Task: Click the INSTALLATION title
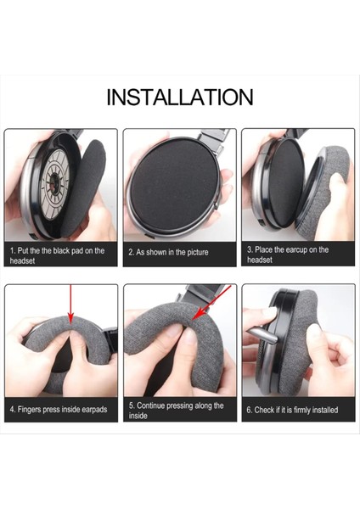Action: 180,97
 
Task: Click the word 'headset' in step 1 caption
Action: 24,261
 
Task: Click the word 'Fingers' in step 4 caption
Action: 33,410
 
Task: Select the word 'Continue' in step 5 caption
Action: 155,406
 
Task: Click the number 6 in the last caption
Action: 250,410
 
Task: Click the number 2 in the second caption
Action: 131,252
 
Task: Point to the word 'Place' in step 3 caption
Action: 267,250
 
